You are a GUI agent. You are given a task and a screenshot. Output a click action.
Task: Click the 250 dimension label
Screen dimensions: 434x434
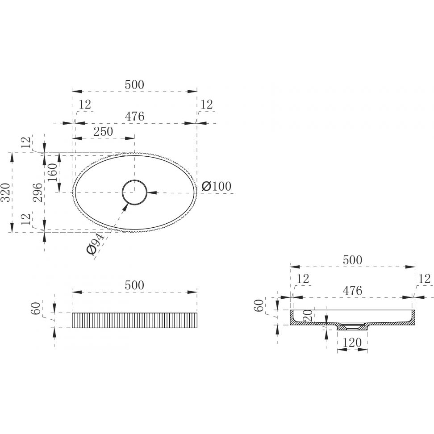[x=103, y=131]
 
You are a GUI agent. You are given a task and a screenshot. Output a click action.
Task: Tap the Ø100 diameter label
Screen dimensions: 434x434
[x=217, y=186]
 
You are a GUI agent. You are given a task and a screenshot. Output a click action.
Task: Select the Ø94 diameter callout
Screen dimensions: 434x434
[x=95, y=244]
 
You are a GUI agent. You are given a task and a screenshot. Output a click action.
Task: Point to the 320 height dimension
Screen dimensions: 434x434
[x=6, y=192]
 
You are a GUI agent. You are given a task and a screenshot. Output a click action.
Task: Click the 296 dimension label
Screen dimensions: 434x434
[x=38, y=192]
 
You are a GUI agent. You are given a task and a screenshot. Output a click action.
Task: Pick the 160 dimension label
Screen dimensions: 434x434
[x=52, y=172]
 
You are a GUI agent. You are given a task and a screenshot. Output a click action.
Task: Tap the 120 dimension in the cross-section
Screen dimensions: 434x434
[x=352, y=342]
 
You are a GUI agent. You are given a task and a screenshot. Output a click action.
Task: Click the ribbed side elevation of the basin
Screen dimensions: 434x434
[x=134, y=320]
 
